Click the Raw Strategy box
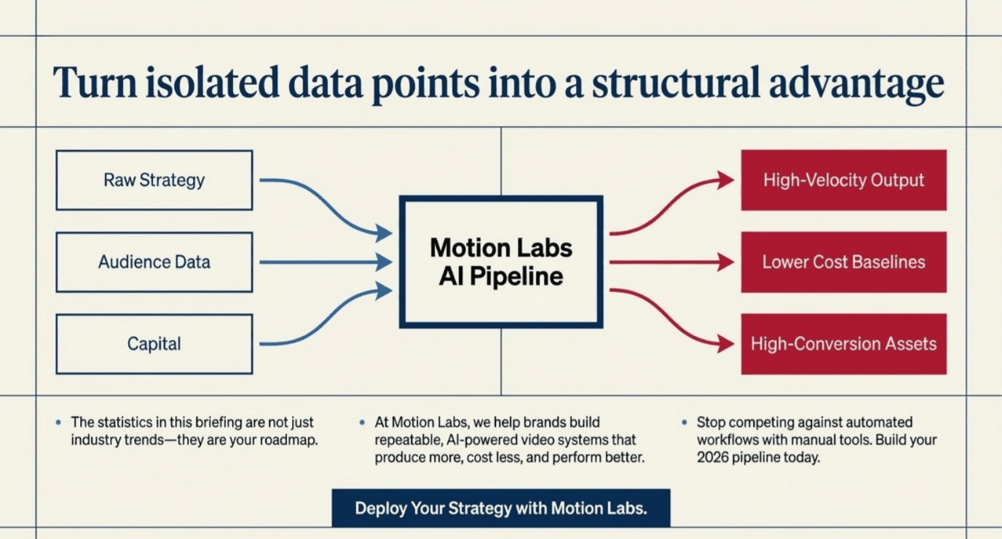(154, 180)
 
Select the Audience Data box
(154, 262)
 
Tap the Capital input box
(154, 344)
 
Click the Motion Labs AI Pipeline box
(501, 261)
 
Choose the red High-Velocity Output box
(843, 180)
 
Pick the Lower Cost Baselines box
(843, 262)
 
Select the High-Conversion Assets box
(843, 344)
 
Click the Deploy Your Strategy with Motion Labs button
(500, 508)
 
